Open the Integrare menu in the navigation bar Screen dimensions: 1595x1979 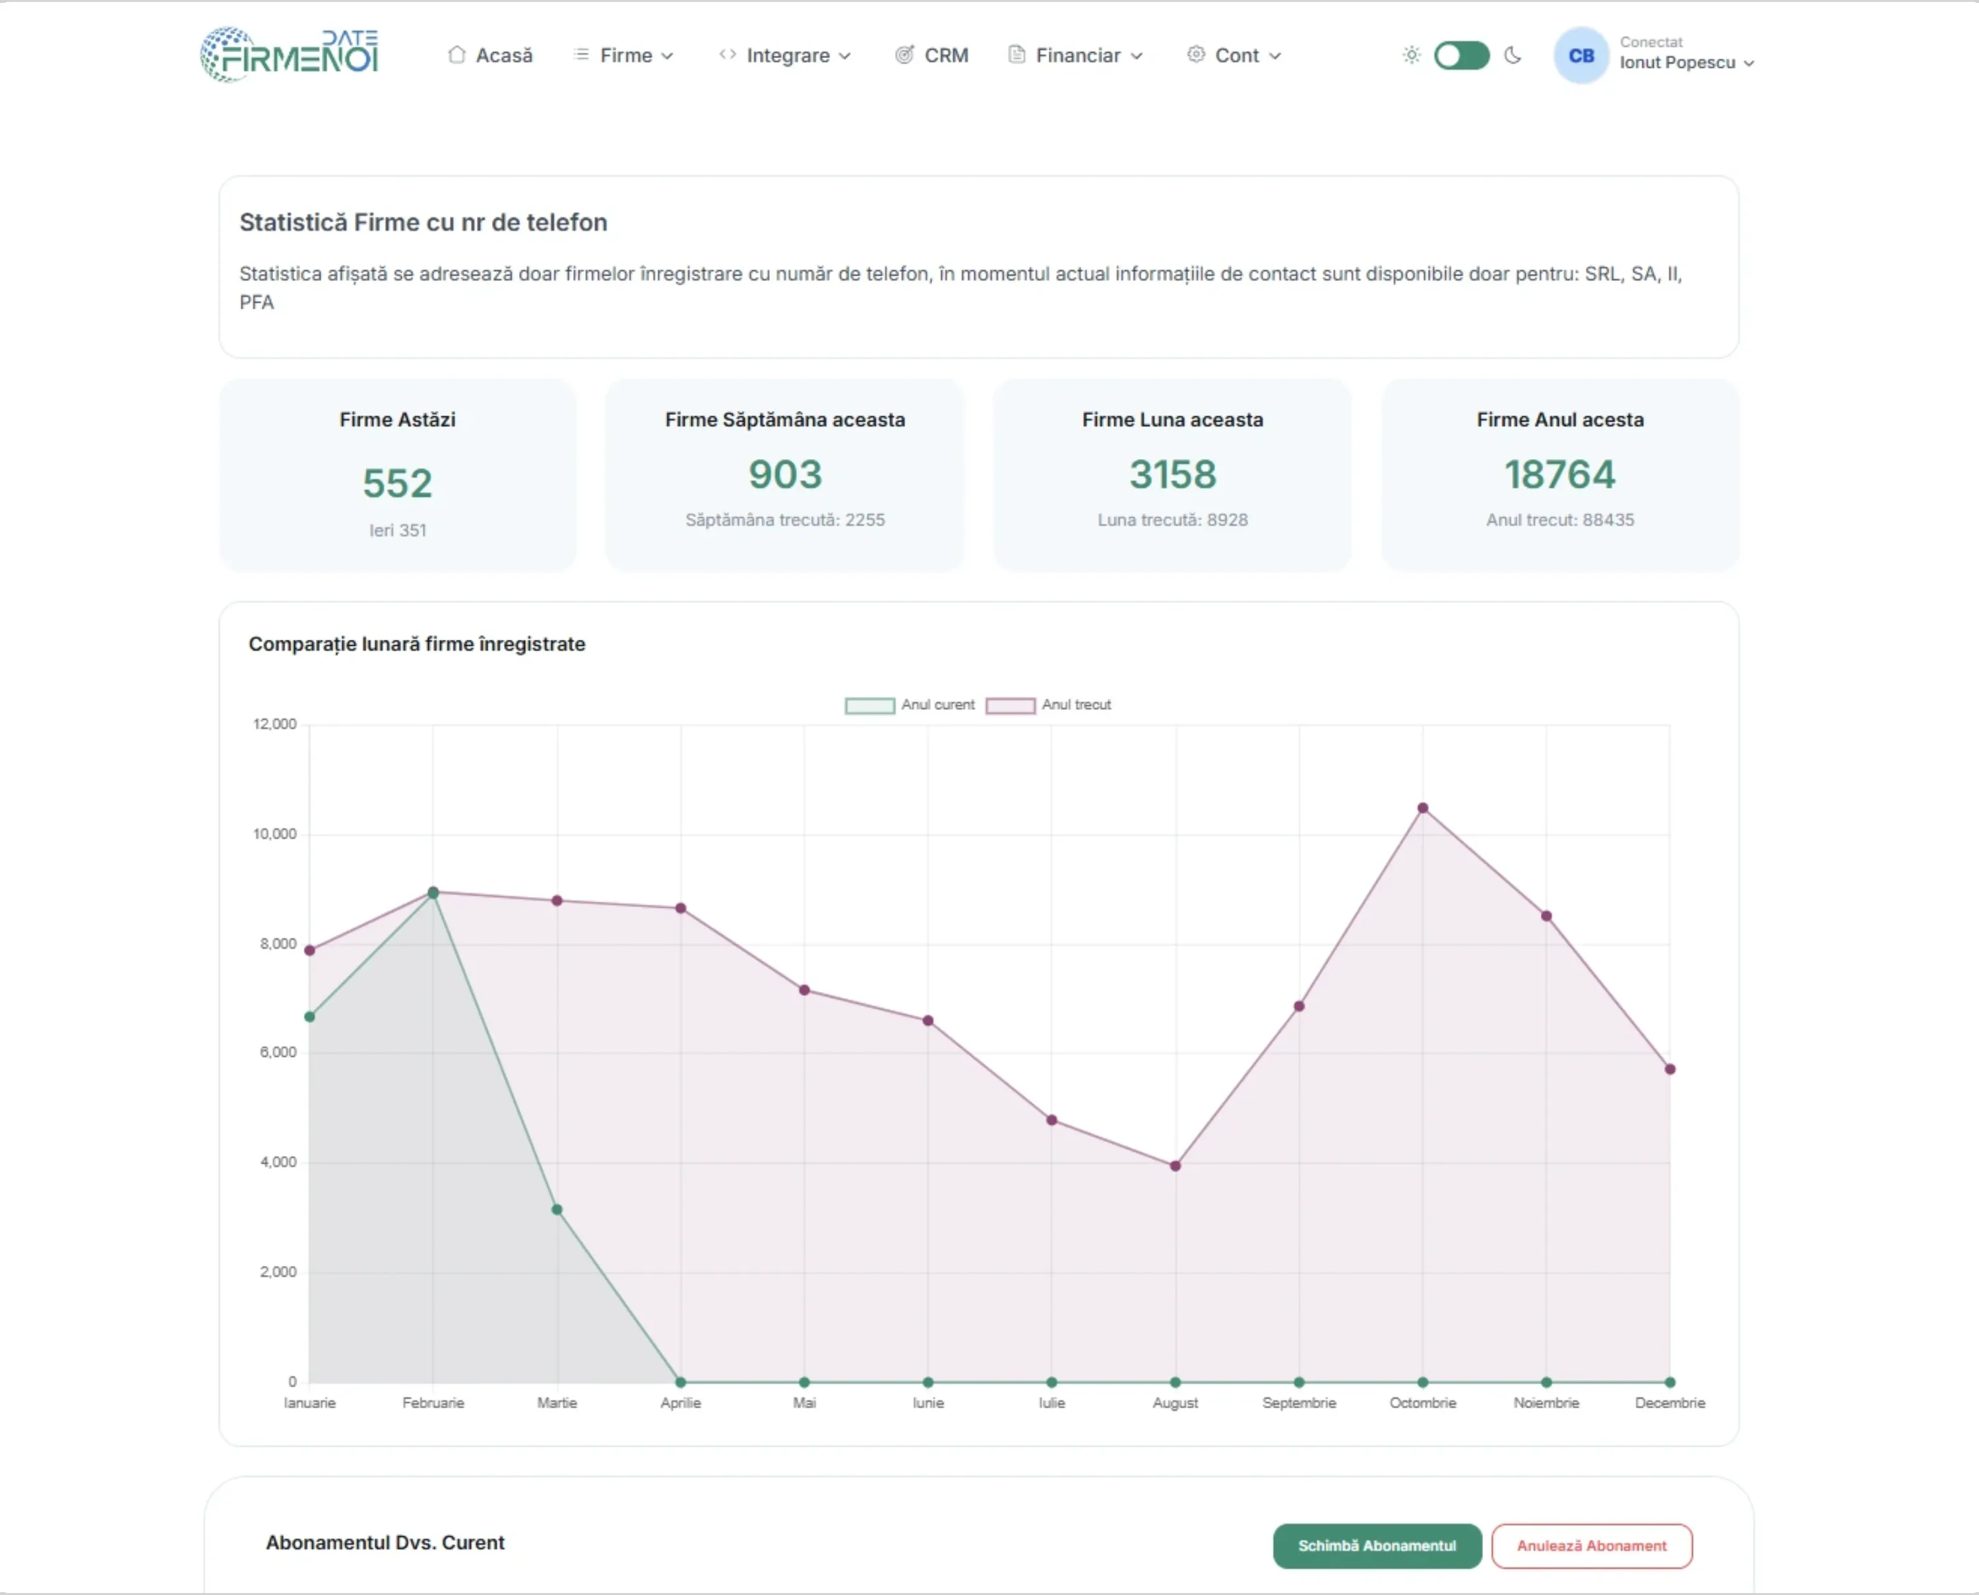pos(786,56)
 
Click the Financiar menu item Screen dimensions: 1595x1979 pos(1076,56)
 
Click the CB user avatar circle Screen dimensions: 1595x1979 pos(1581,56)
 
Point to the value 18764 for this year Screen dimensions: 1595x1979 pos(1559,475)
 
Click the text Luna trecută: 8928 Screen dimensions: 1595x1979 pos(1172,520)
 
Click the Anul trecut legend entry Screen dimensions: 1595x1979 pos(1050,704)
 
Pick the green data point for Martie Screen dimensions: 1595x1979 pos(557,1210)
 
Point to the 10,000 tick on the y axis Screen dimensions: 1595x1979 pos(274,834)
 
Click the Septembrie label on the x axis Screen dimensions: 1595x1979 pos(1298,1403)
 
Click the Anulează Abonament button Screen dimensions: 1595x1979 pos(1590,1546)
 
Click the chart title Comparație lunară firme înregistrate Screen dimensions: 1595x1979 pos(416,644)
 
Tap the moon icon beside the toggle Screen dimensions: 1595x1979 pos(1512,56)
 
